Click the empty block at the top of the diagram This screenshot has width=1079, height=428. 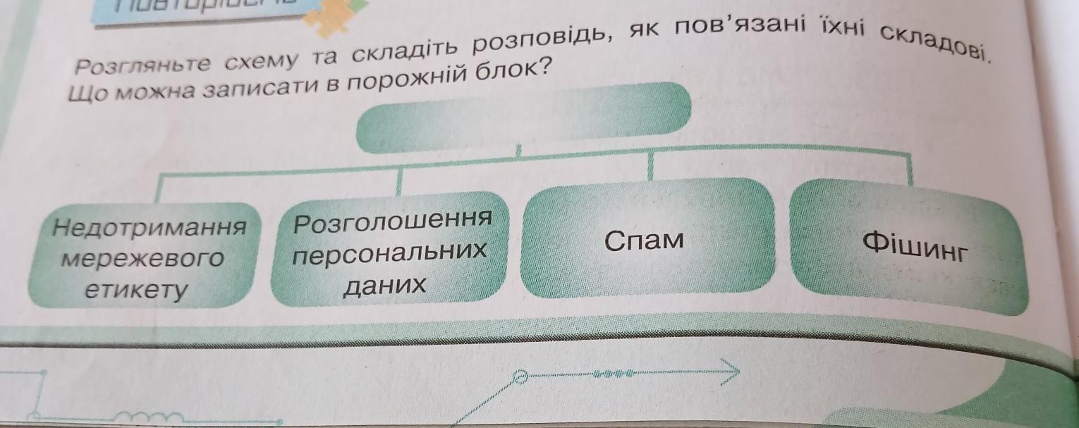[524, 117]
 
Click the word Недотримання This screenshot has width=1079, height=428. [150, 228]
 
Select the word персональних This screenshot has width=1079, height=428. [390, 252]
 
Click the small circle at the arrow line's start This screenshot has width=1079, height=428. [520, 377]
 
